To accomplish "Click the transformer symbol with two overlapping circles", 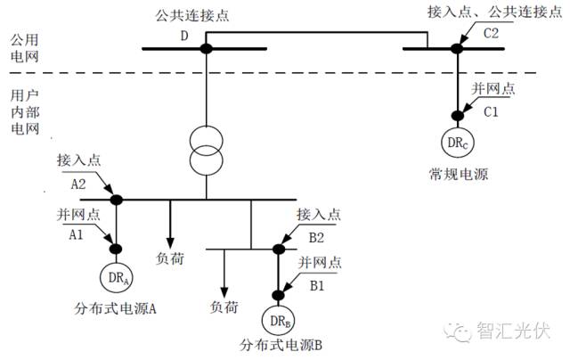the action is pos(206,151).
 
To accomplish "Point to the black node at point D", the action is pos(206,48).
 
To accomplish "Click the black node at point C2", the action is pos(457,48).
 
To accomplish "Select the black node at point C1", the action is pos(457,116).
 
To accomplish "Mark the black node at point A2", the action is pos(117,200).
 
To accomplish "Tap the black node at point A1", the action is pos(116,249).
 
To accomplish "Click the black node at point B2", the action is pos(279,250).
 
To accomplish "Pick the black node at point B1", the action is pos(279,295).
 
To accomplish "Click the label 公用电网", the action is pos(24,48).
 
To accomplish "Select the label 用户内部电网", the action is pos(25,111).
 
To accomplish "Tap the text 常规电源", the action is pos(459,174).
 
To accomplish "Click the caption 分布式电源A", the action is pos(115,308).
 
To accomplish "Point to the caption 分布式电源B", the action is pos(281,345).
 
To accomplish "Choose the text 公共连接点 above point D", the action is pos(192,16).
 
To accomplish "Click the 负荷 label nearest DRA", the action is pos(170,258).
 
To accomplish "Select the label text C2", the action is pos(491,34).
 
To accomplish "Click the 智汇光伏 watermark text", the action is pos(514,331).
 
